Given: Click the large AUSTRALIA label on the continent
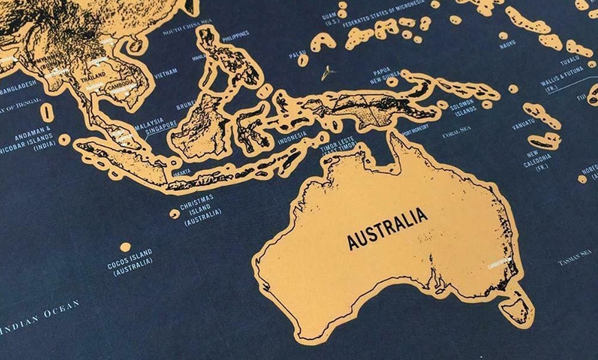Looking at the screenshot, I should pos(387,229).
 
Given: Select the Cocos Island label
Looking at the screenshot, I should pos(130,262).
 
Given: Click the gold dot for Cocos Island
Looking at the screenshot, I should pos(125,247).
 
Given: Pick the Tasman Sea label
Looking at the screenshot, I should pos(575,258).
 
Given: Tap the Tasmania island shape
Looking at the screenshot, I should pos(517,307).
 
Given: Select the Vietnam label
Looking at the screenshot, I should pos(166,72).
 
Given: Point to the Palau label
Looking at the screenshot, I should pos(298,54).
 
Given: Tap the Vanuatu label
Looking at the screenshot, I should pos(524,126).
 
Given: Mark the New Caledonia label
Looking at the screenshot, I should pos(538,160).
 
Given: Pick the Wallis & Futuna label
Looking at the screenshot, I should pos(562,87).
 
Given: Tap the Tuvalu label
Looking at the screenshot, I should pos(570,60).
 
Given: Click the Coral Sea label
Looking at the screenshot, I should pos(456,131).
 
